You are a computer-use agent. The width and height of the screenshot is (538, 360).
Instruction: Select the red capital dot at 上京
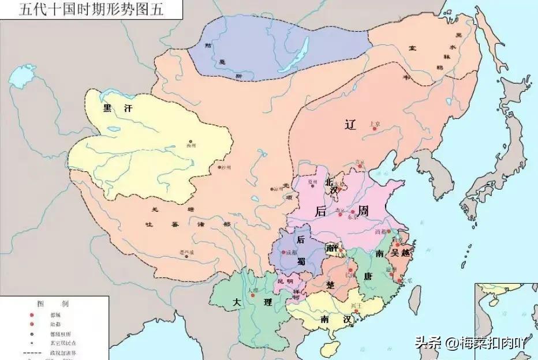(374, 129)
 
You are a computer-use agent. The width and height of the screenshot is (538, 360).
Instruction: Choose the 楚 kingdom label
(330, 286)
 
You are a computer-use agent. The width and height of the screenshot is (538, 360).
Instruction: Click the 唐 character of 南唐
(368, 276)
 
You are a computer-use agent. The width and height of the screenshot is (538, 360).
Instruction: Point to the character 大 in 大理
(236, 302)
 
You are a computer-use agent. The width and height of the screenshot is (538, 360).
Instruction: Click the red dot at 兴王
(357, 312)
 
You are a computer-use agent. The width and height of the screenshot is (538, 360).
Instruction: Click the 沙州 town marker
(219, 167)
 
